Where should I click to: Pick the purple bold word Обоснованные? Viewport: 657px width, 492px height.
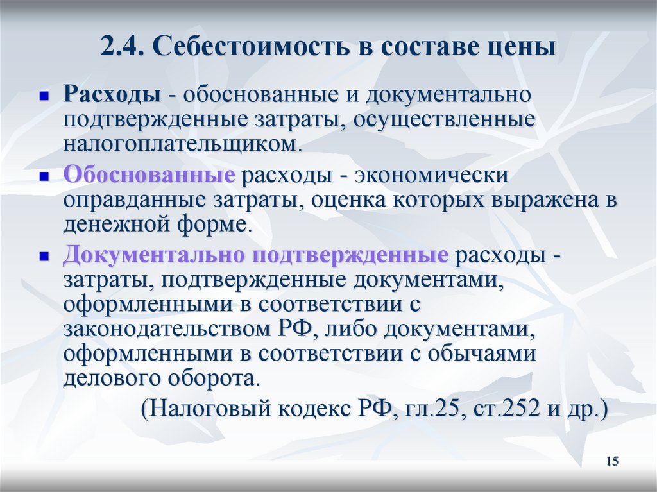(148, 175)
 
